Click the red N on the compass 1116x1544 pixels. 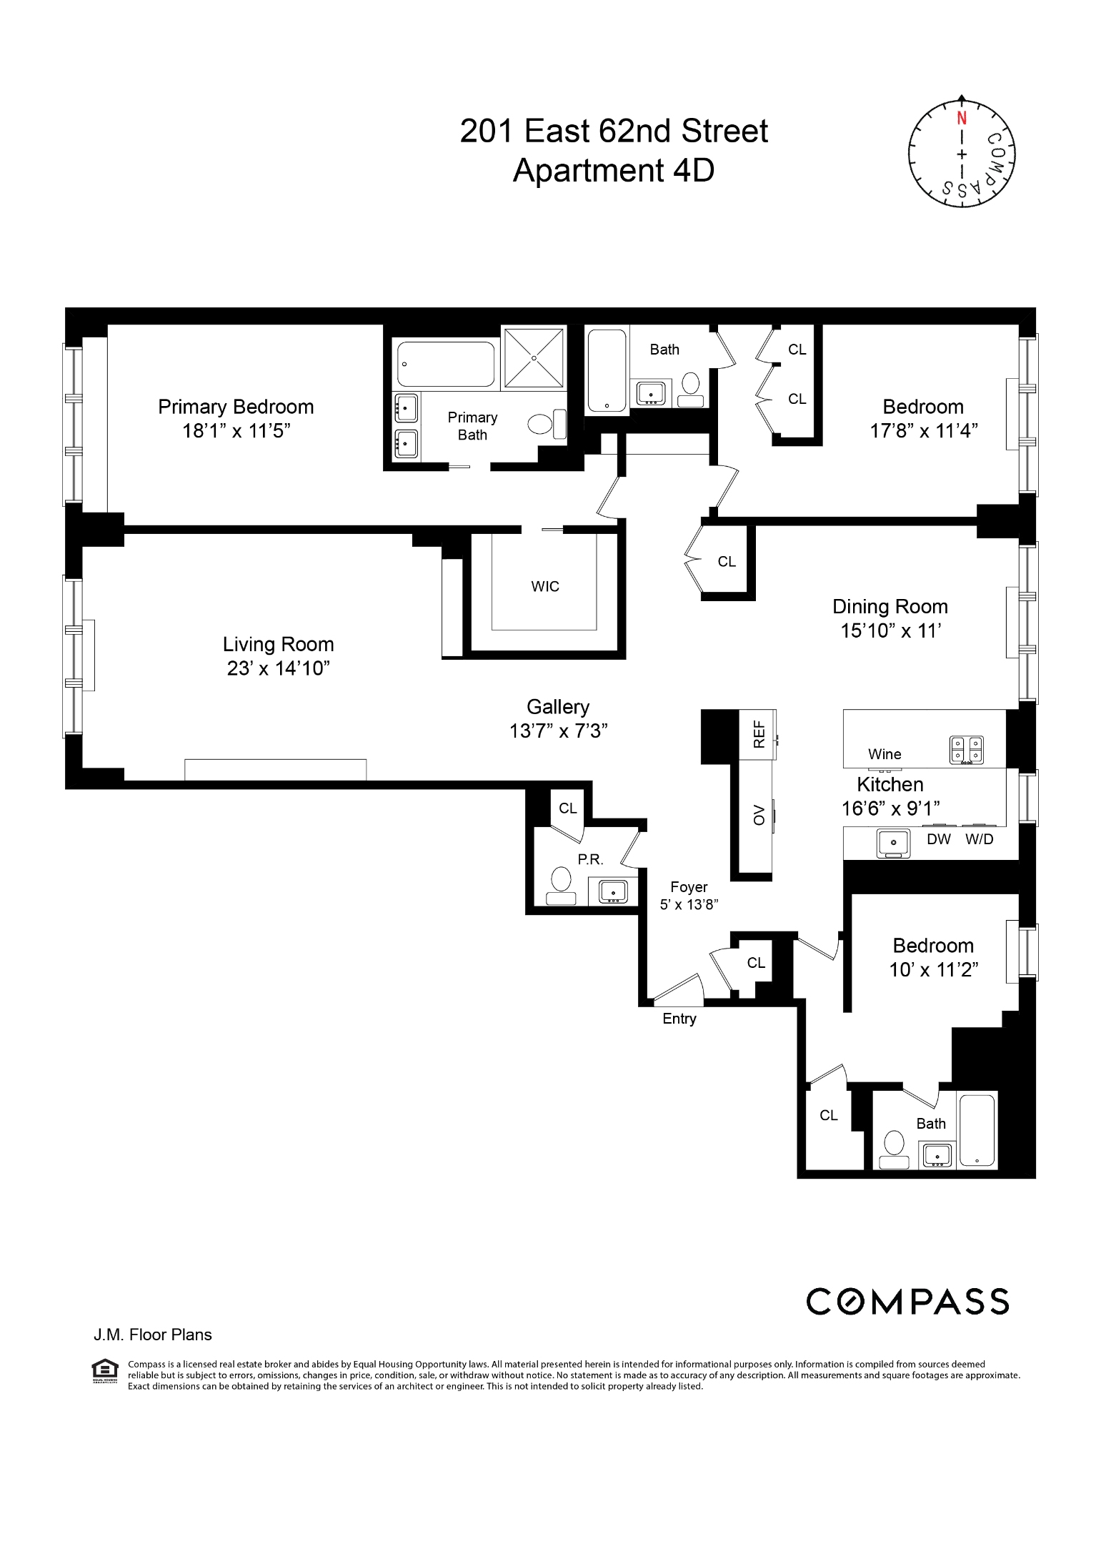point(962,118)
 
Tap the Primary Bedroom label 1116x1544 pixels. point(236,407)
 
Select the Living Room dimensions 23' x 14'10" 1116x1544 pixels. point(278,668)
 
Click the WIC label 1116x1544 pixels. point(545,587)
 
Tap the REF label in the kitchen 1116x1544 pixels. point(759,734)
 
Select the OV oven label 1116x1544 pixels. point(759,815)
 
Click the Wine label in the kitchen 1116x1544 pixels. point(885,754)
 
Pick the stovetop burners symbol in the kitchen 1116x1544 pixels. point(966,750)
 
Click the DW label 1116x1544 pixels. point(938,839)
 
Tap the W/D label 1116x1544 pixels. point(980,839)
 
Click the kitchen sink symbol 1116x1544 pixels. point(894,843)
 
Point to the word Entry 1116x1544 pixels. point(679,1019)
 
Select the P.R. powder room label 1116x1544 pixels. point(590,860)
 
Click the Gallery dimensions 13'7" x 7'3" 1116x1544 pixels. point(559,731)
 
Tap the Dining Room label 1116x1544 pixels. point(890,607)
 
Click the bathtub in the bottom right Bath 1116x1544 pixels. point(977,1129)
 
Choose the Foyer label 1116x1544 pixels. point(689,887)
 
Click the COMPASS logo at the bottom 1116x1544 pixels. point(907,1302)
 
